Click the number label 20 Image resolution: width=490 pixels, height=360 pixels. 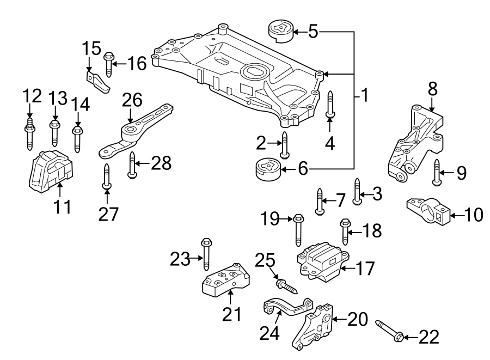click(357, 319)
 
